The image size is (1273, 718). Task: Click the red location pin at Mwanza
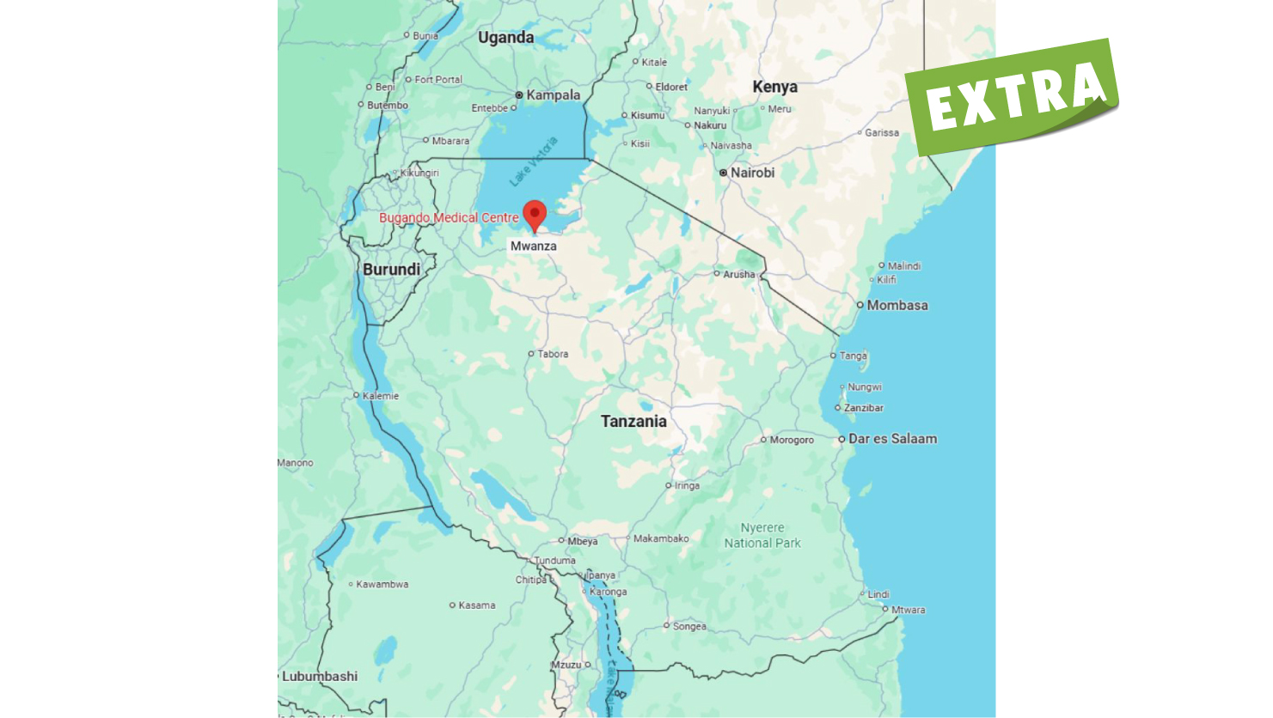pos(535,215)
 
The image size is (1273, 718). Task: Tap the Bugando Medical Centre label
pos(449,218)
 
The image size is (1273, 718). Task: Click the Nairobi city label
pos(752,173)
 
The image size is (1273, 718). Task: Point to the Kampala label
pos(553,95)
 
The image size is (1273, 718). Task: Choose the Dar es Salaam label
pos(892,439)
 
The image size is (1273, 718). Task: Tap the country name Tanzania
pos(633,422)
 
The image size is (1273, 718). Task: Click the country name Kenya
pos(774,87)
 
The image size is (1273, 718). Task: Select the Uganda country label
pos(505,38)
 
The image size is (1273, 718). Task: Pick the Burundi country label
pos(391,270)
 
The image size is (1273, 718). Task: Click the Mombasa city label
pos(897,306)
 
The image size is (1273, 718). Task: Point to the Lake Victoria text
pos(534,161)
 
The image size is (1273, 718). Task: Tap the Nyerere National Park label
pos(762,536)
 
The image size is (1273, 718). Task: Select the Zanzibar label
pos(863,408)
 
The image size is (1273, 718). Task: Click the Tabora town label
pos(552,354)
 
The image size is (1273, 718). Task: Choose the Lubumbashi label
pos(320,677)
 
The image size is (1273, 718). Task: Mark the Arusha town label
pos(738,275)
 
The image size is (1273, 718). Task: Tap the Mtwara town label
pos(908,611)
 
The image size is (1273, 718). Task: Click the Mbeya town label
pos(582,542)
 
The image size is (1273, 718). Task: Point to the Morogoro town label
pos(792,440)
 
